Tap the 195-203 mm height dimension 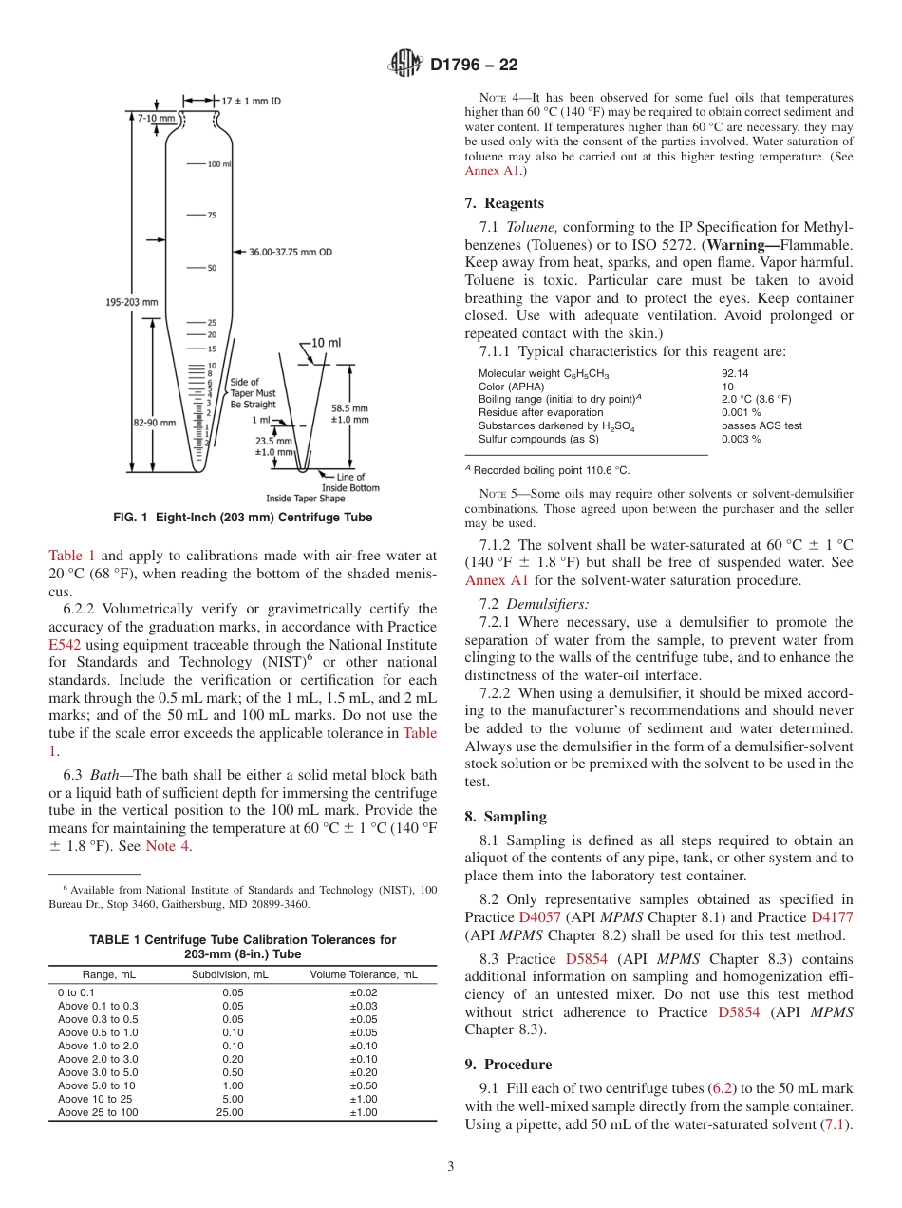[x=131, y=302]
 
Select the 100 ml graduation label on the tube [x=219, y=164]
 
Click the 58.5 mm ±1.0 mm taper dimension [x=350, y=411]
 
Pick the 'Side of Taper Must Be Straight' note [x=253, y=392]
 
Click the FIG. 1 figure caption [x=242, y=518]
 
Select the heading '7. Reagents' [x=504, y=203]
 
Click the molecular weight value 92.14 [x=735, y=374]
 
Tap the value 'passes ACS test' [x=761, y=425]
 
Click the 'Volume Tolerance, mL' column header [x=364, y=974]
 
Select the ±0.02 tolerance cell [x=364, y=992]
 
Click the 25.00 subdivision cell [x=230, y=1112]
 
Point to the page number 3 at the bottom [x=451, y=1166]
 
